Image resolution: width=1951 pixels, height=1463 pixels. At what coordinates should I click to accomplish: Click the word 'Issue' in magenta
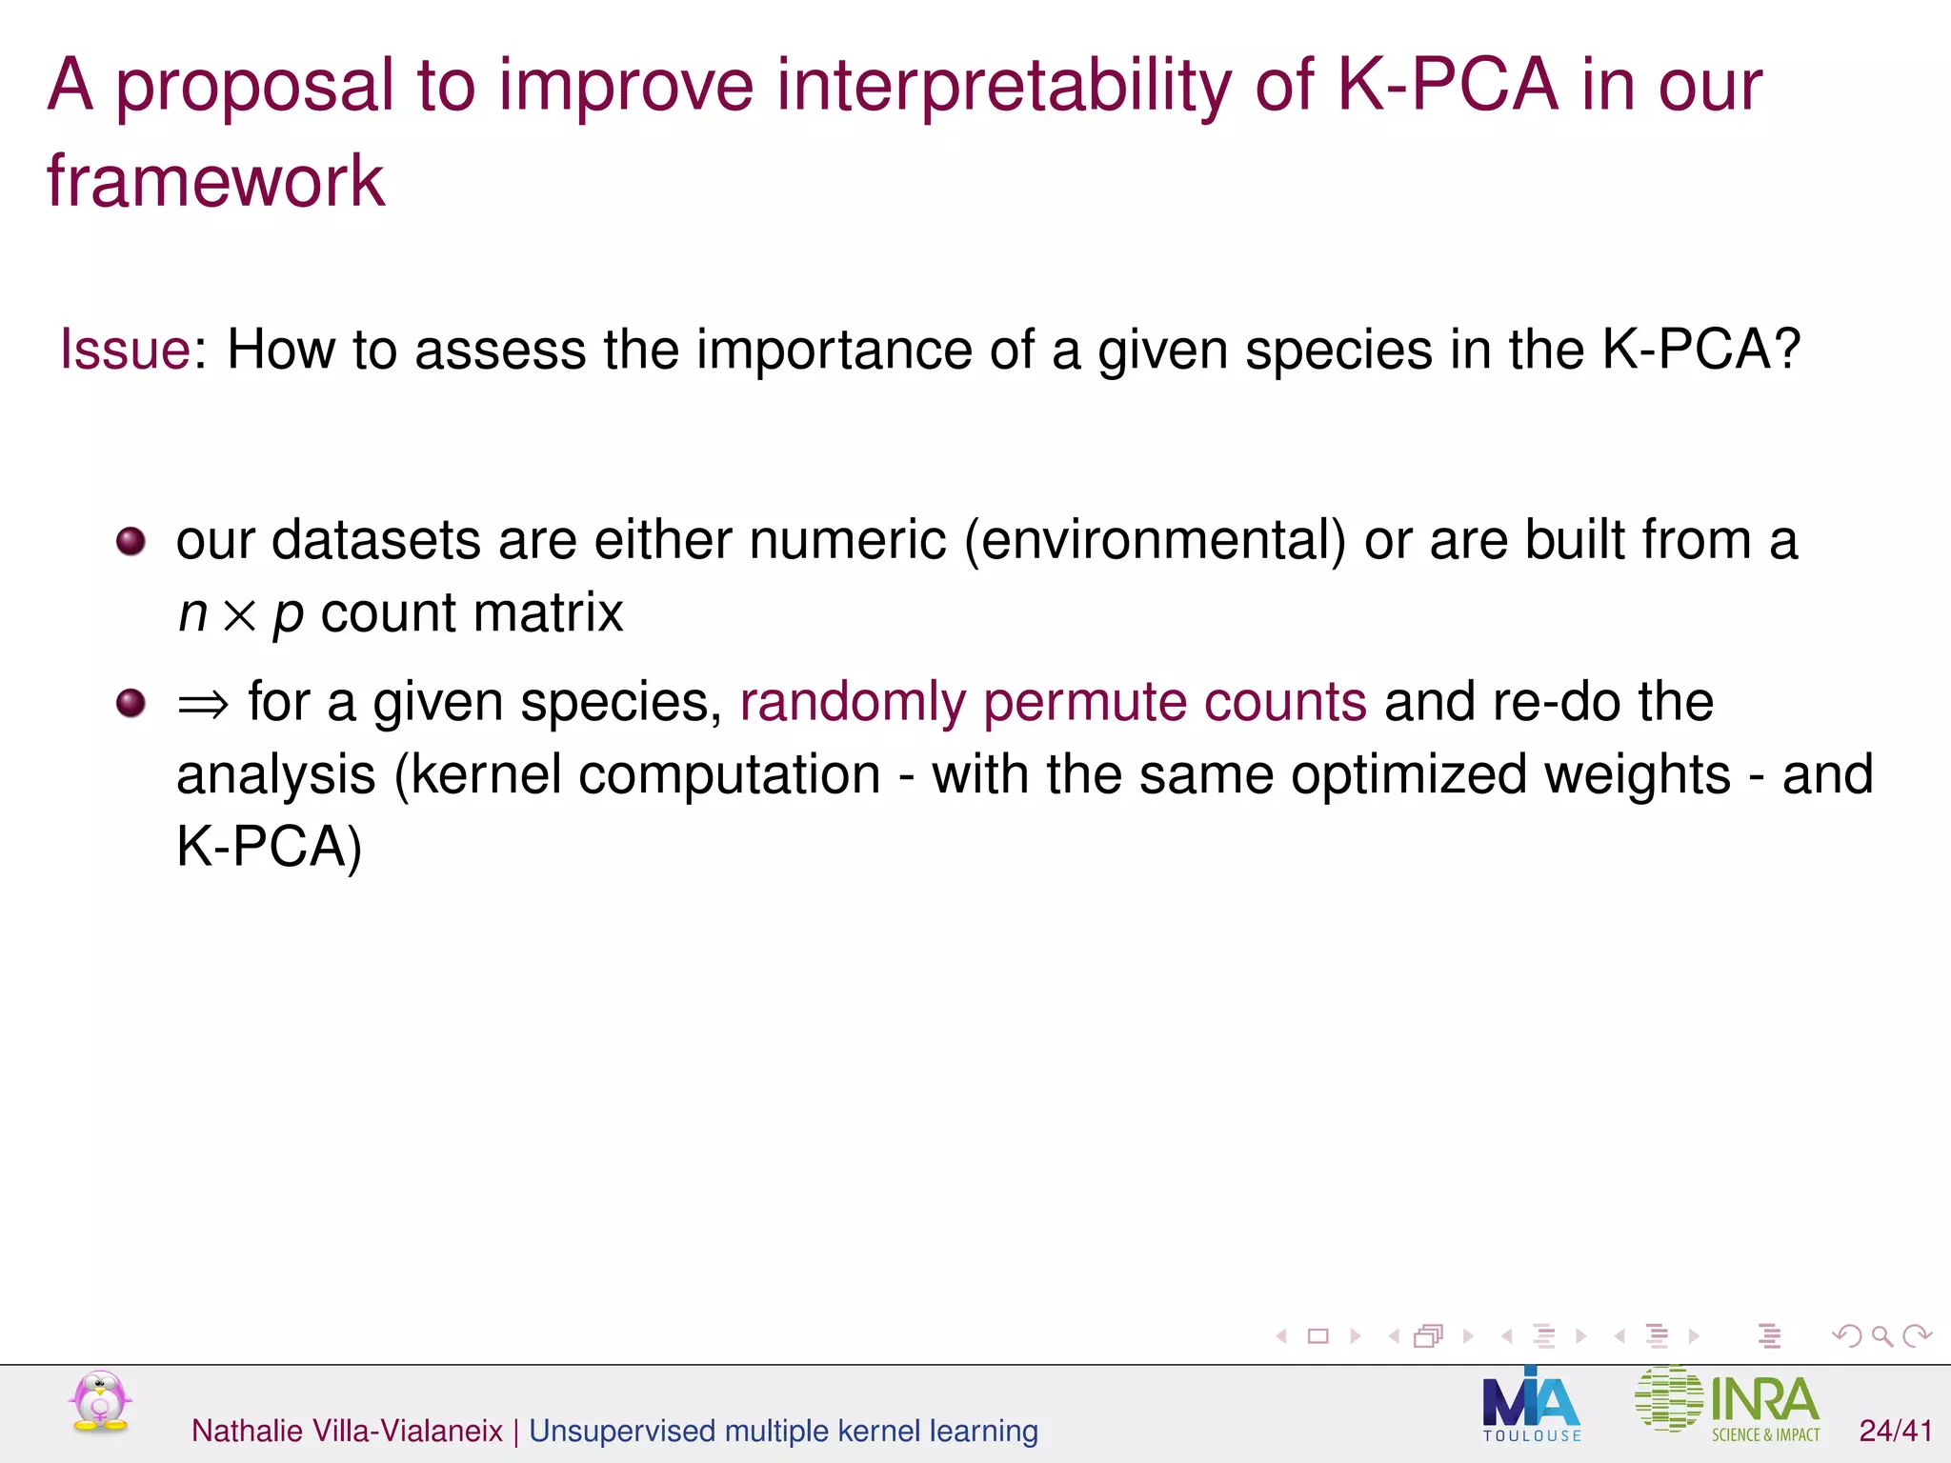pos(125,350)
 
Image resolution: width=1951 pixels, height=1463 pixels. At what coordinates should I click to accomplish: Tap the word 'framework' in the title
pos(215,181)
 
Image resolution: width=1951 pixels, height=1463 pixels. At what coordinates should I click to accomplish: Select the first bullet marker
pos(131,542)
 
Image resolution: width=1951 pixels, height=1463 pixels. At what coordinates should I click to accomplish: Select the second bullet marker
pos(131,704)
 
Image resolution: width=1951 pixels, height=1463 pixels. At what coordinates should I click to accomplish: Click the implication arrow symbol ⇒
pos(203,705)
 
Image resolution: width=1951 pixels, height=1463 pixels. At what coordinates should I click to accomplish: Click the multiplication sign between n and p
pos(240,615)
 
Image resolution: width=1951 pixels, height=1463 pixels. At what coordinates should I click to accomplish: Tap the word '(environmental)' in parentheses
pos(1155,541)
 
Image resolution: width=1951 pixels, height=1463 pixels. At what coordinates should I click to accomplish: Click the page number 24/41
pos(1895,1431)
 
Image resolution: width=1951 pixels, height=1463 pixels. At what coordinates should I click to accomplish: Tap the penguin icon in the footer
pos(100,1402)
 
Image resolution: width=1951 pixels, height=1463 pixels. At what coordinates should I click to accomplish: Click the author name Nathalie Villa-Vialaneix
pos(347,1431)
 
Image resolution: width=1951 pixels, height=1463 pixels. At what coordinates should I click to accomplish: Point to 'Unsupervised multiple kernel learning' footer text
pos(783,1431)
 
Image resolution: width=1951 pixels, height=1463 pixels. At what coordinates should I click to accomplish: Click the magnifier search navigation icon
pos(1881,1336)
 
